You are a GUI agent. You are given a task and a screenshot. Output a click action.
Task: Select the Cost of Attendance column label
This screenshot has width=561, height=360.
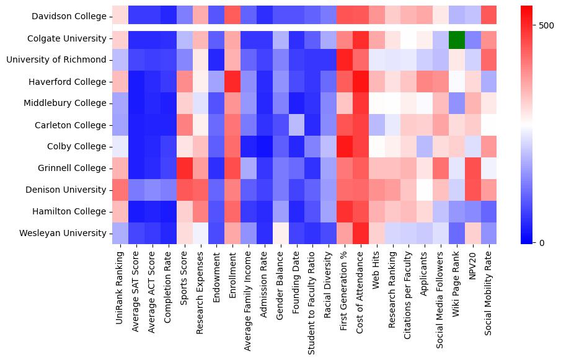(x=361, y=291)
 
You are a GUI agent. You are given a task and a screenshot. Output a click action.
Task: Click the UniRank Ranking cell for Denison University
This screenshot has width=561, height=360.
(x=120, y=190)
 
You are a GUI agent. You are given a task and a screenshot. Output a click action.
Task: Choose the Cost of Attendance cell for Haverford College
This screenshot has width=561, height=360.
(x=361, y=82)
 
